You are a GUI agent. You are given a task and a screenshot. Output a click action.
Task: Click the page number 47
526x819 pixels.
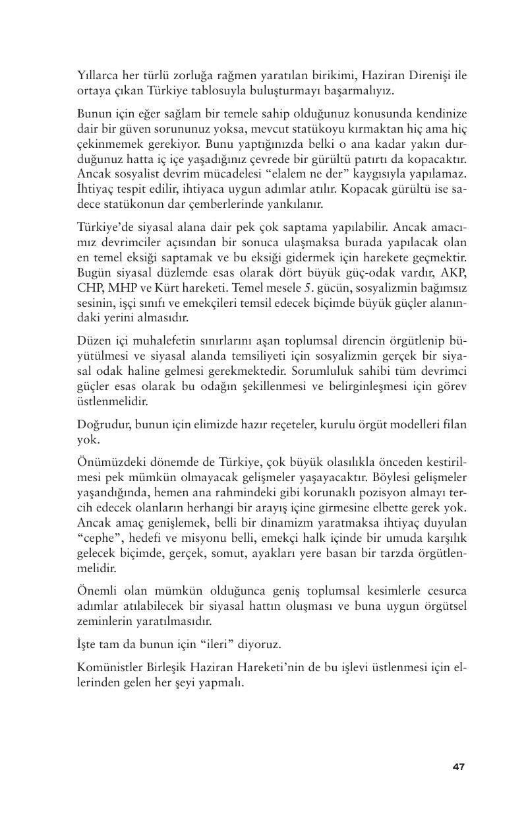click(x=459, y=766)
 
